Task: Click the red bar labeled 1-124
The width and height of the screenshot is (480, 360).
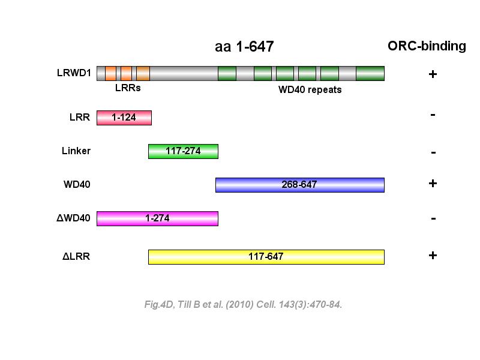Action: (124, 118)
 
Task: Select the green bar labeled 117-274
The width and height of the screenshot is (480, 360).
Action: (183, 151)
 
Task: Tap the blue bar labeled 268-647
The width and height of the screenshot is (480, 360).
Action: (299, 185)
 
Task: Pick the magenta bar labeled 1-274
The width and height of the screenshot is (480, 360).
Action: (157, 218)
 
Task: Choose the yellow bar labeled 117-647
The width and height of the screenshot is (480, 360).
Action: (266, 257)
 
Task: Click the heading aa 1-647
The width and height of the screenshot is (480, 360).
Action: (244, 47)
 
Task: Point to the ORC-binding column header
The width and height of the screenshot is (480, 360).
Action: (427, 46)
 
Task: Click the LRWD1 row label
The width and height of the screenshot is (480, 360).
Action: (74, 73)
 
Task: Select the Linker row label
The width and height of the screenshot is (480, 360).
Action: (76, 151)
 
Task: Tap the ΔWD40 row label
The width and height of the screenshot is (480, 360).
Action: (73, 218)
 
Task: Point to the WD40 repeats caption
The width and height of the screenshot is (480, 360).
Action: (310, 90)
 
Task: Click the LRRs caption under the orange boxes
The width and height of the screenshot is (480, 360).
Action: (127, 88)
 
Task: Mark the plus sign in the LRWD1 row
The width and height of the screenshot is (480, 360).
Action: (432, 74)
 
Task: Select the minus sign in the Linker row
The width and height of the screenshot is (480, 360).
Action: (433, 152)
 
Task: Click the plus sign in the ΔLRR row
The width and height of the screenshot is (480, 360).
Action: (433, 255)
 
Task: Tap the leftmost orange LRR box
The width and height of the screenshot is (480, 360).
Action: (110, 73)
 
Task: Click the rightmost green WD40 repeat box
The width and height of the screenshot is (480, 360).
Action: (370, 73)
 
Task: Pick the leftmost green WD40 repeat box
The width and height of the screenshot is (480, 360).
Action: (227, 73)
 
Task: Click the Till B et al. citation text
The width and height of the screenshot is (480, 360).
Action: (243, 305)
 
